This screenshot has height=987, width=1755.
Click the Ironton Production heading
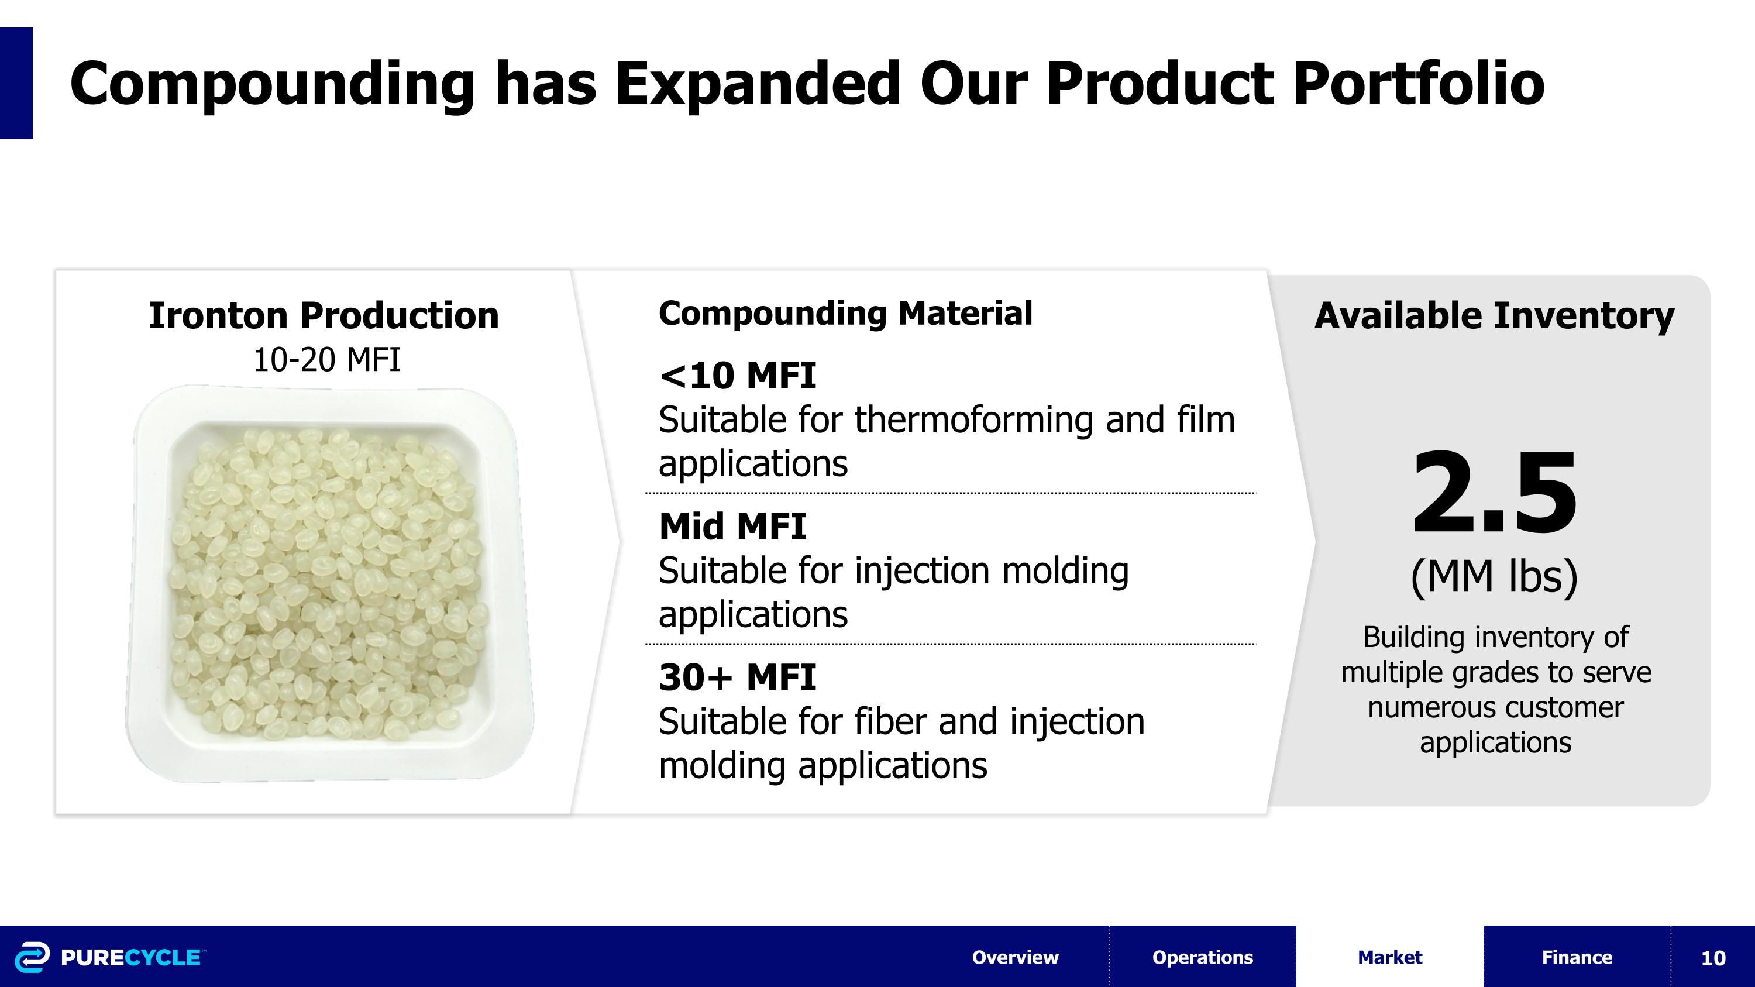pyautogui.click(x=324, y=315)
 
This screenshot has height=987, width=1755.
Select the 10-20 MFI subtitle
pyautogui.click(x=326, y=360)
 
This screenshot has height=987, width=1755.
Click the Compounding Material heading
pyautogui.click(x=845, y=314)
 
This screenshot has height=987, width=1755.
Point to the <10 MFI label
pyautogui.click(x=737, y=376)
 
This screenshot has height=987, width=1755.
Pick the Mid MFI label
pyautogui.click(x=732, y=527)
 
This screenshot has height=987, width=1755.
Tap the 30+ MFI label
pyautogui.click(x=737, y=677)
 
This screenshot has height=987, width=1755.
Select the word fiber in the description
pyautogui.click(x=890, y=721)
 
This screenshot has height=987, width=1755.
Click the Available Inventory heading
pyautogui.click(x=1494, y=316)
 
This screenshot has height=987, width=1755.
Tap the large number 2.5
pyautogui.click(x=1494, y=493)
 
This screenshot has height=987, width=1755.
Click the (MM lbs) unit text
pyautogui.click(x=1494, y=577)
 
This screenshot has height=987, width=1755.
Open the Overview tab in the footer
pyautogui.click(x=1015, y=957)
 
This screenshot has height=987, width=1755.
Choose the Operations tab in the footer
pyautogui.click(x=1203, y=957)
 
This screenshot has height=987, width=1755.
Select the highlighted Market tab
pyautogui.click(x=1390, y=957)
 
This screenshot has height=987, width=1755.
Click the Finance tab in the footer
pyautogui.click(x=1577, y=957)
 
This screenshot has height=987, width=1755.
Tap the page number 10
pyautogui.click(x=1713, y=958)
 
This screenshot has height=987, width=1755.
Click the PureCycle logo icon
pyautogui.click(x=32, y=957)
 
